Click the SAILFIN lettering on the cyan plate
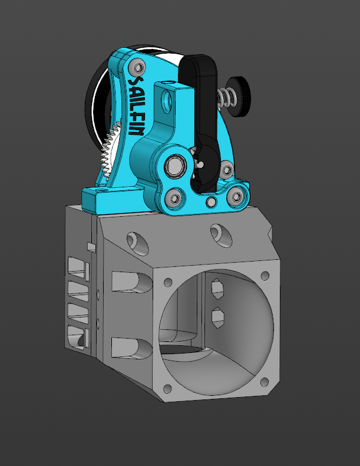click(136, 107)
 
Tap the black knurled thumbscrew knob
click(237, 97)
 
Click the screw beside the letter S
click(138, 68)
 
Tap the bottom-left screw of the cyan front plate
click(175, 198)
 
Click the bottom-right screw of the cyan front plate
click(237, 196)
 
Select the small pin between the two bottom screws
click(211, 202)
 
